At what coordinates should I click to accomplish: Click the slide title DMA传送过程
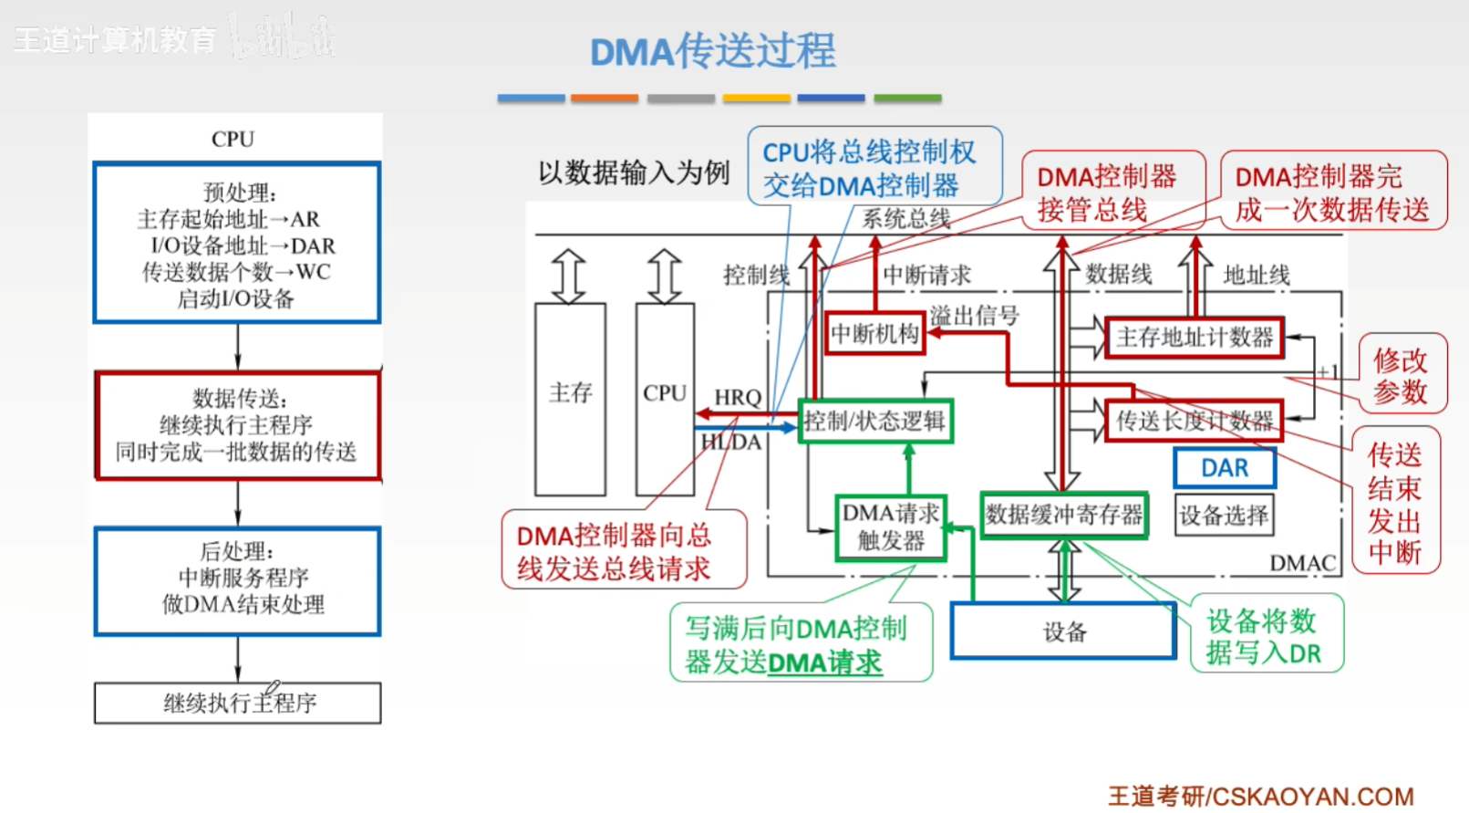tap(713, 50)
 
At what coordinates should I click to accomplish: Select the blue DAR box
tap(1225, 468)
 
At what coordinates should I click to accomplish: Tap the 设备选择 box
tap(1224, 516)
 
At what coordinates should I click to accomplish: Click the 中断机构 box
tap(874, 333)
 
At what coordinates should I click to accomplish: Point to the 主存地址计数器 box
tap(1195, 338)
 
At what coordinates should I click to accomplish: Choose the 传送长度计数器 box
tap(1195, 421)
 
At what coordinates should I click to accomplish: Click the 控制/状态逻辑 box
tap(875, 421)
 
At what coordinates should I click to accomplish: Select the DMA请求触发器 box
tap(891, 527)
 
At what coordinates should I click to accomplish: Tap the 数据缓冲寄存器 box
tap(1064, 516)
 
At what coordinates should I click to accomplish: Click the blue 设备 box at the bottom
tap(1063, 631)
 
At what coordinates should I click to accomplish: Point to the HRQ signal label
tap(738, 398)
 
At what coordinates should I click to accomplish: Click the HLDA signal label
tap(731, 443)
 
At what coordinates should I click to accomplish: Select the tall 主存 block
tap(570, 399)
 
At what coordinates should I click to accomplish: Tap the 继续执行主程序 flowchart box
tap(237, 703)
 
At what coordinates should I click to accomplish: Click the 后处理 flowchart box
tap(237, 581)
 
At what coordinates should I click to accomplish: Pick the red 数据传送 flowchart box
tap(237, 425)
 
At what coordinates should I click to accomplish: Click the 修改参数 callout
tap(1402, 374)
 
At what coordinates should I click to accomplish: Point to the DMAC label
tap(1302, 563)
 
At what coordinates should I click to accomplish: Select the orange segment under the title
tap(604, 98)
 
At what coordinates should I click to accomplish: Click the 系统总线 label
tap(906, 218)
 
